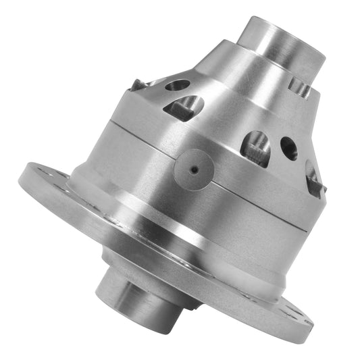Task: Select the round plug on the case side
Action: pos(195,169)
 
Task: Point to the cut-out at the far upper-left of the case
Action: pos(138,84)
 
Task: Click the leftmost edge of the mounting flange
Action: pos(20,181)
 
